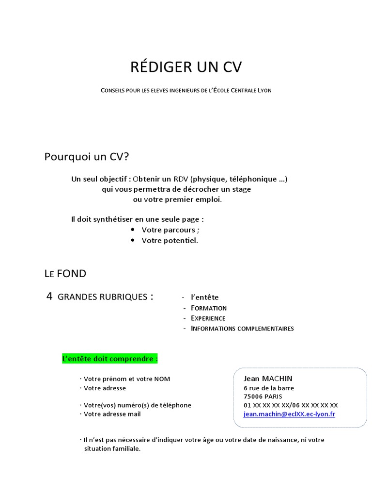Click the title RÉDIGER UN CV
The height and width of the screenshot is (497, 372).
pyautogui.click(x=186, y=67)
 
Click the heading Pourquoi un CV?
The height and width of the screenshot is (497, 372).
pyautogui.click(x=87, y=157)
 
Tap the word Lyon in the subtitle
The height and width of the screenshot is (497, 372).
pyautogui.click(x=264, y=91)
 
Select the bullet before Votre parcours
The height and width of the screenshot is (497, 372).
pyautogui.click(x=132, y=230)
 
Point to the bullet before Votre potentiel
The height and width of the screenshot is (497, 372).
pyautogui.click(x=132, y=240)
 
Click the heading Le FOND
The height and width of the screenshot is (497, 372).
pyautogui.click(x=65, y=274)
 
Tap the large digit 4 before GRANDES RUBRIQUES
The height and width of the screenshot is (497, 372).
pyautogui.click(x=49, y=297)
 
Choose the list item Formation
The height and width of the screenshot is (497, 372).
pyautogui.click(x=208, y=308)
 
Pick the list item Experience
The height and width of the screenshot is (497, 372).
pyautogui.click(x=208, y=318)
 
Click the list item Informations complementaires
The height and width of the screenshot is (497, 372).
pyautogui.click(x=242, y=329)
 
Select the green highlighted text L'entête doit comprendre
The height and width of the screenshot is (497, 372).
pyautogui.click(x=110, y=359)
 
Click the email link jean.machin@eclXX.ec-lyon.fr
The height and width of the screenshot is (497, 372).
pyautogui.click(x=289, y=414)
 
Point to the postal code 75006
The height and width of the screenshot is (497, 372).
pyautogui.click(x=253, y=397)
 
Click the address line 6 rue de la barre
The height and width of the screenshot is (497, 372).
pyautogui.click(x=268, y=388)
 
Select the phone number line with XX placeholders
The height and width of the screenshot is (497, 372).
pyautogui.click(x=291, y=405)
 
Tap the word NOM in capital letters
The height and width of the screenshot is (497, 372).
pyautogui.click(x=162, y=379)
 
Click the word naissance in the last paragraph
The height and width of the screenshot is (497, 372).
pyautogui.click(x=277, y=440)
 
